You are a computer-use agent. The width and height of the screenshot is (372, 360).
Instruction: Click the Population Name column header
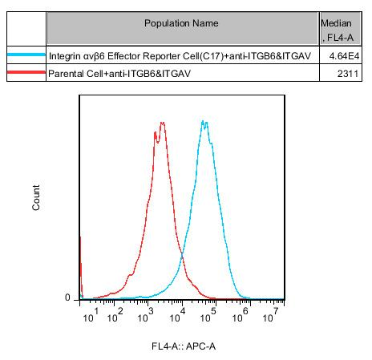coord(181,23)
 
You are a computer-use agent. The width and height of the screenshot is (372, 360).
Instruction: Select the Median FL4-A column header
coord(337,30)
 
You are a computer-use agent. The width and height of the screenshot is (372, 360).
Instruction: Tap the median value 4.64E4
coord(344,56)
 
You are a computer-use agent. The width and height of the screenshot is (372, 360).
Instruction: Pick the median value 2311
coord(348,73)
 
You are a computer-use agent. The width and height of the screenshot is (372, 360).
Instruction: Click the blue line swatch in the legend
coord(26,55)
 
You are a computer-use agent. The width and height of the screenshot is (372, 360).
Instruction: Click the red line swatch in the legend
coord(26,72)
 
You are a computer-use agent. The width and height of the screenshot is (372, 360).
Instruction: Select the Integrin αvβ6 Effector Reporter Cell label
coord(180,56)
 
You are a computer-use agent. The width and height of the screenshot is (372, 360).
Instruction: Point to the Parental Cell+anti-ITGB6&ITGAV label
coord(119,73)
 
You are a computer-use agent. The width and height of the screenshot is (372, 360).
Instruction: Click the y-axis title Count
coord(36,197)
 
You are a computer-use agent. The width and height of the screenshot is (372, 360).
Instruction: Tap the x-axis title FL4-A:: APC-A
coord(184,346)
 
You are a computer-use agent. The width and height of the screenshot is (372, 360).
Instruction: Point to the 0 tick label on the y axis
coord(67,297)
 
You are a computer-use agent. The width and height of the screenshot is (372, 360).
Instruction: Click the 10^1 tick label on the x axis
coord(91,315)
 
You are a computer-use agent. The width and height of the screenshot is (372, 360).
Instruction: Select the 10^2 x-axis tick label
coord(115,315)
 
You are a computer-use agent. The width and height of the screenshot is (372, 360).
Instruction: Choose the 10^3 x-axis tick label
coord(146,315)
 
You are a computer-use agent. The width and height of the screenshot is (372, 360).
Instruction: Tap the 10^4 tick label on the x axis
coord(178,315)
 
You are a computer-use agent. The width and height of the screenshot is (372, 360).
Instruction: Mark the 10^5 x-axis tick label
coord(208,315)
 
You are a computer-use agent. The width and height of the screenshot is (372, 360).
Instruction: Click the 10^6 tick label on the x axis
coord(241,315)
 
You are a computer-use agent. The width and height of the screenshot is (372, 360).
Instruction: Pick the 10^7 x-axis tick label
coord(271,315)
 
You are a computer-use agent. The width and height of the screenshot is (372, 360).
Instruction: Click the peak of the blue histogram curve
coord(203,121)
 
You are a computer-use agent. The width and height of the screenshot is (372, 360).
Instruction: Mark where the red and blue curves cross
coord(182,255)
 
